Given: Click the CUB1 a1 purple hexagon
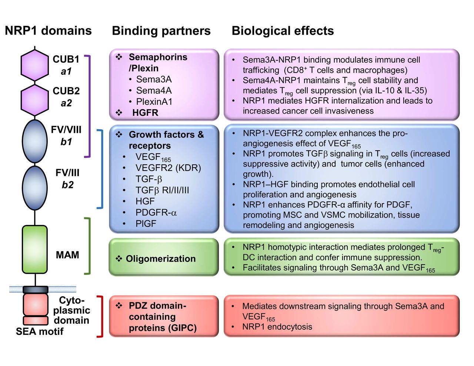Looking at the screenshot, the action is [35, 65].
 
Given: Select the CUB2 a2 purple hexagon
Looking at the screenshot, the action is [35, 100].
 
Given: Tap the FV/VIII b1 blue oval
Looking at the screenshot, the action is [35, 141].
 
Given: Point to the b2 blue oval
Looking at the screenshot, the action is [35, 188].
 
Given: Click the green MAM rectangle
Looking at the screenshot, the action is [35, 249].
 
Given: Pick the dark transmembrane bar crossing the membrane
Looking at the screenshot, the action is [35, 289].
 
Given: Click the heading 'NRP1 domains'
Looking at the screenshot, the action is [48, 30].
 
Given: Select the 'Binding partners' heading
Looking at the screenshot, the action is [161, 31].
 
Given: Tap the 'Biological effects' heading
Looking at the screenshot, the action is [283, 31].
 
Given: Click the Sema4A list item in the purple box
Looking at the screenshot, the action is [154, 90].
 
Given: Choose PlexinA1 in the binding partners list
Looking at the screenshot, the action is [154, 101].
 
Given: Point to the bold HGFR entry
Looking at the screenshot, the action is [145, 113].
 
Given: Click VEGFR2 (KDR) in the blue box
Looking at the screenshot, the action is [168, 168].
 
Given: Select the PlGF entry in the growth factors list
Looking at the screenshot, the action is [146, 224].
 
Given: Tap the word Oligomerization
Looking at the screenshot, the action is [161, 259].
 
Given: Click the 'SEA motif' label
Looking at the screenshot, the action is [40, 331].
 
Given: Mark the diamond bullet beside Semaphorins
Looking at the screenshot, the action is [119, 57].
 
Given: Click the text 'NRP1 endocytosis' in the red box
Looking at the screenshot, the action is [277, 326].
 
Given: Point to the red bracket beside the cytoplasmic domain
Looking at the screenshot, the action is [101, 317].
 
